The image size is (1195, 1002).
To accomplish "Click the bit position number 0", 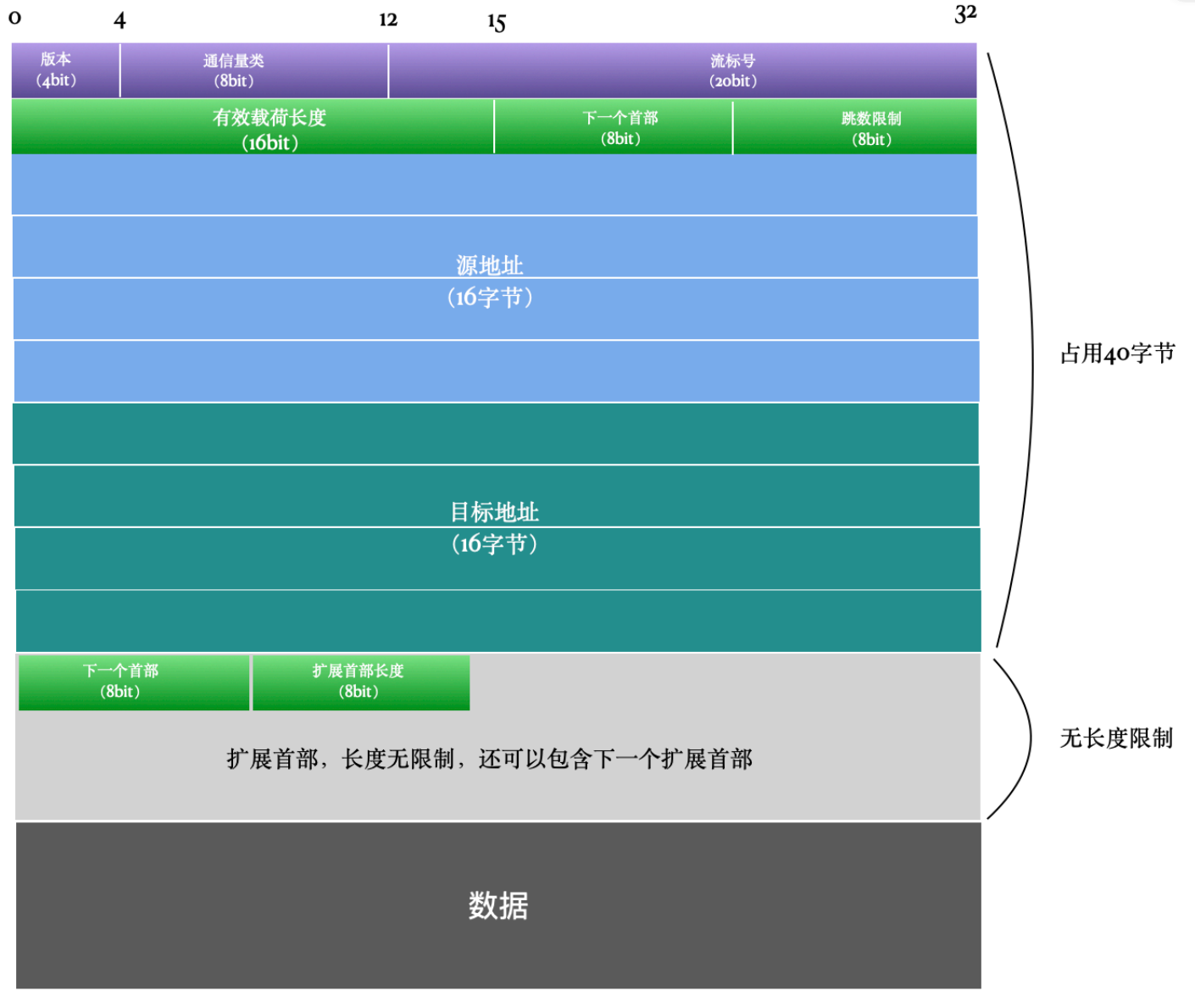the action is [x=15, y=18].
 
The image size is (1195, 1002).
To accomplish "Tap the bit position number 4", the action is [x=119, y=20].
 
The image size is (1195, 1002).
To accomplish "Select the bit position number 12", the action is [x=388, y=20].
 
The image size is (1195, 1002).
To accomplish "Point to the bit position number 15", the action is [x=496, y=22].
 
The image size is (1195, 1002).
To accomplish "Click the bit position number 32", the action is [x=965, y=14].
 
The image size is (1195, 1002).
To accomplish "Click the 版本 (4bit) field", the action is [x=65, y=70].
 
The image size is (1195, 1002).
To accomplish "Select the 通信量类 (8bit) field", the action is [x=254, y=70].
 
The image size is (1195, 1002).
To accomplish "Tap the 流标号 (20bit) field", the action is [x=683, y=70].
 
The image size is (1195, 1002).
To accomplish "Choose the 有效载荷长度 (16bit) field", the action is [x=253, y=126].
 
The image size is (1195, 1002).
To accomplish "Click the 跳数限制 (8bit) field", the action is [x=855, y=126].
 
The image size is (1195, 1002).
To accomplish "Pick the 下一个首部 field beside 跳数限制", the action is [x=613, y=126].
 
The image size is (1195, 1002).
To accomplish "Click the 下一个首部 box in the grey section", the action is [x=134, y=682].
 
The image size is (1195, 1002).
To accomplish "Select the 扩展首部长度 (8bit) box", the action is [x=361, y=682].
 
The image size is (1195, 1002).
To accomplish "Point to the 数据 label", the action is [x=498, y=905].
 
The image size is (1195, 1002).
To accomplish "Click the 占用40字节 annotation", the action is [x=1117, y=353].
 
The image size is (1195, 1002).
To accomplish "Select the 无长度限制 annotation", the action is [x=1116, y=738].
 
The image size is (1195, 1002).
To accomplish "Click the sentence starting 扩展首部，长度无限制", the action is [x=489, y=760].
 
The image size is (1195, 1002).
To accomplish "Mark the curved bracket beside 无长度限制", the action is [x=1031, y=738].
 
